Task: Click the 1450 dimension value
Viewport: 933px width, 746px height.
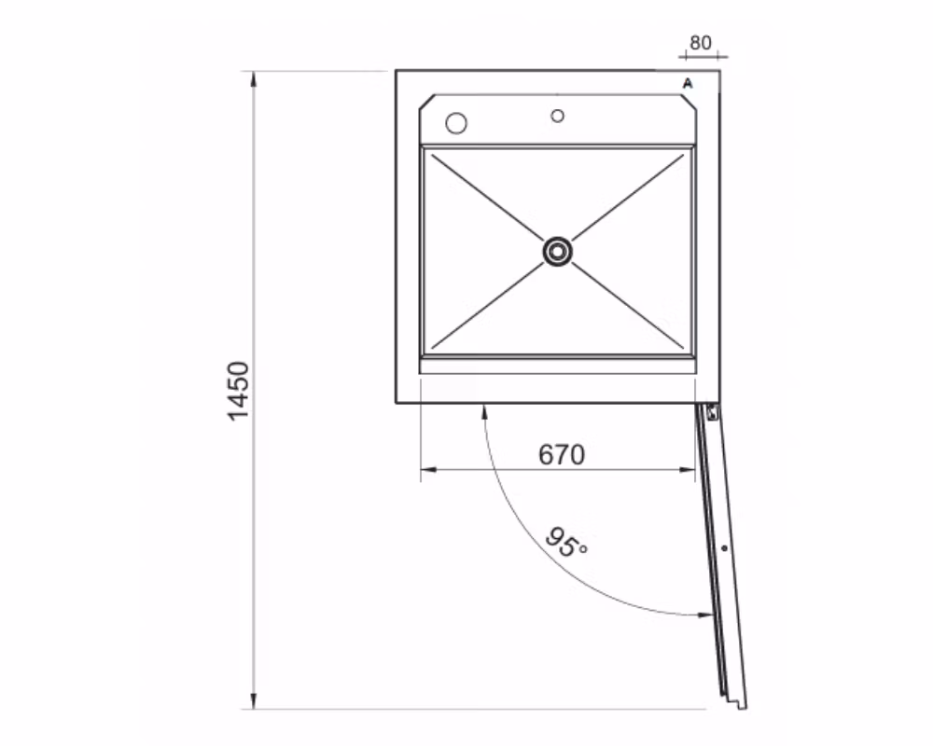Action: (x=239, y=391)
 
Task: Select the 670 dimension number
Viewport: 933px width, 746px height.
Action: (x=562, y=454)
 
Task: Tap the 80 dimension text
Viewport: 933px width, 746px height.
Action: (x=701, y=43)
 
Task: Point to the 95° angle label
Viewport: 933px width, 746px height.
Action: (x=566, y=542)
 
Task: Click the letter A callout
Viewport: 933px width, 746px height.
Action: (x=688, y=83)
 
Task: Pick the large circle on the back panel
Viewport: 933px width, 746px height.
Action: (x=456, y=123)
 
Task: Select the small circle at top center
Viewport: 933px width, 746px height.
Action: (x=558, y=116)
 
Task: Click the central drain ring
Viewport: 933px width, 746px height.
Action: (x=558, y=252)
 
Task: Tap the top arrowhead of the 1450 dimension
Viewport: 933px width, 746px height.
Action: (x=254, y=79)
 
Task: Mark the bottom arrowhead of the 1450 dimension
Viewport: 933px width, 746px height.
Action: (x=254, y=701)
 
